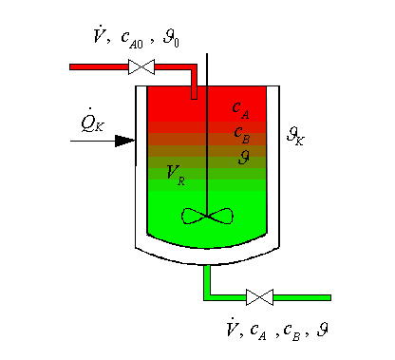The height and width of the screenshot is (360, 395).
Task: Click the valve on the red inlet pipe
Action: (141, 66)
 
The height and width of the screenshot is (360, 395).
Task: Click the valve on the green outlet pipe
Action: (258, 297)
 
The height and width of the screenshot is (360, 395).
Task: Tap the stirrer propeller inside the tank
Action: (206, 217)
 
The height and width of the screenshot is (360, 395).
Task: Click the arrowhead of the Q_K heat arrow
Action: (124, 141)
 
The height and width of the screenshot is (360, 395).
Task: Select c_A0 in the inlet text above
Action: (132, 38)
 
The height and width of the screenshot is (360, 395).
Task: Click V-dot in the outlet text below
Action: (231, 330)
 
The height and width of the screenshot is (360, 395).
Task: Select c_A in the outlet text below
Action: (259, 332)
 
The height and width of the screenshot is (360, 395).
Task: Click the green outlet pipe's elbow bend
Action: (207, 296)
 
